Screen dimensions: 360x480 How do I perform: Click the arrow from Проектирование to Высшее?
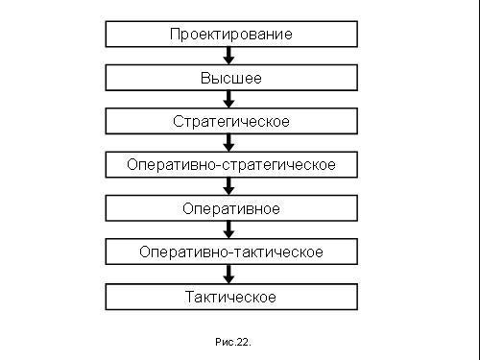pos(230,56)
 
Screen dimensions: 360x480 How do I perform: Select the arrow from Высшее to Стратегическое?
pos(230,100)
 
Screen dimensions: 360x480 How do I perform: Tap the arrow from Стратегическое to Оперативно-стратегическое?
pos(230,143)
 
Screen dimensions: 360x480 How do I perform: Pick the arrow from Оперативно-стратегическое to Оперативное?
pos(230,187)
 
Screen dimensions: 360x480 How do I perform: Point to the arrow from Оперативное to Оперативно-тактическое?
pos(230,230)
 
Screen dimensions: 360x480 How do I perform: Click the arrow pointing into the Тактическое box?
pos(230,275)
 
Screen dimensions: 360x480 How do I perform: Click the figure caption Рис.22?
pos(231,341)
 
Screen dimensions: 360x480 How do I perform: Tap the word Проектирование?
pos(230,35)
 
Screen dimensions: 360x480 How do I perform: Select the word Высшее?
pos(230,78)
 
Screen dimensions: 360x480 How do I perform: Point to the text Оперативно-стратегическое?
pos(230,165)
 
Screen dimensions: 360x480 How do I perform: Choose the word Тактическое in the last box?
pos(230,297)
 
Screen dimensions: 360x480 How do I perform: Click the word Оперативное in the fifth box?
pos(230,208)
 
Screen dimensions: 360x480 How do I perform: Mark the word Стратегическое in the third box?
pos(230,122)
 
